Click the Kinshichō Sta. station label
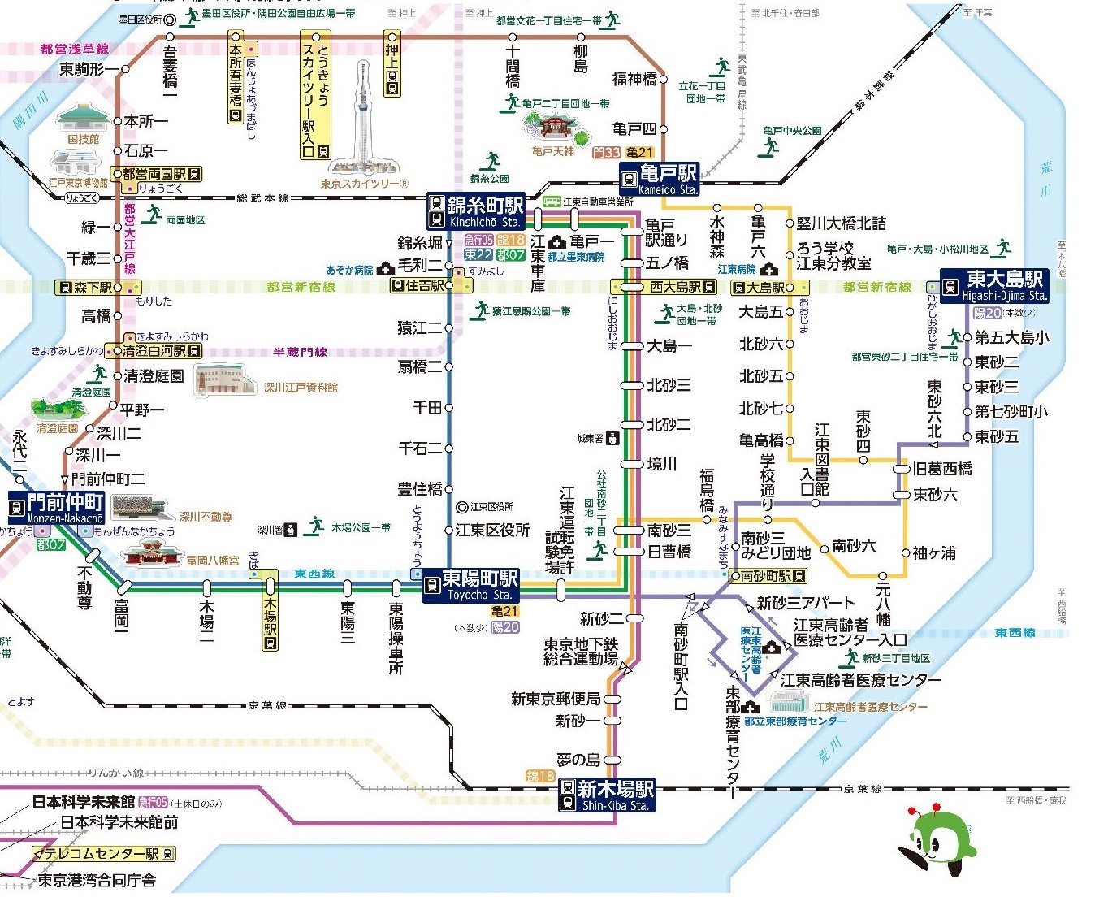click(x=476, y=211)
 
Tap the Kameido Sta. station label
click(x=659, y=180)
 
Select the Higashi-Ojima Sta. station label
click(x=994, y=286)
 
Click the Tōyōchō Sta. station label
click(x=470, y=585)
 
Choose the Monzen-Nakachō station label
click(x=56, y=508)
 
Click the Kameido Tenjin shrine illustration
click(x=555, y=129)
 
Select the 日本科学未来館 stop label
click(x=84, y=802)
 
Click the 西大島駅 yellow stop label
click(x=664, y=287)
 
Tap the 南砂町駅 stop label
click(x=768, y=576)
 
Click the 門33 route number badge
click(x=606, y=152)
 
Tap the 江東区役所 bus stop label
click(x=492, y=530)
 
